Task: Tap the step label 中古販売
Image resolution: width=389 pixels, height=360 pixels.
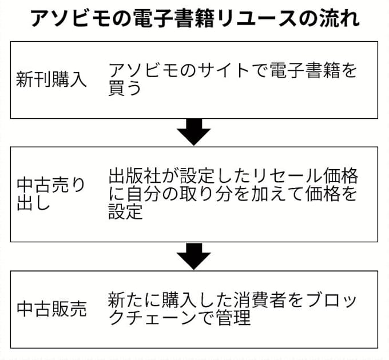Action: (51, 309)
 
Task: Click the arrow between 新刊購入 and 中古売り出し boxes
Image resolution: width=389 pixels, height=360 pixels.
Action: (194, 133)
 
